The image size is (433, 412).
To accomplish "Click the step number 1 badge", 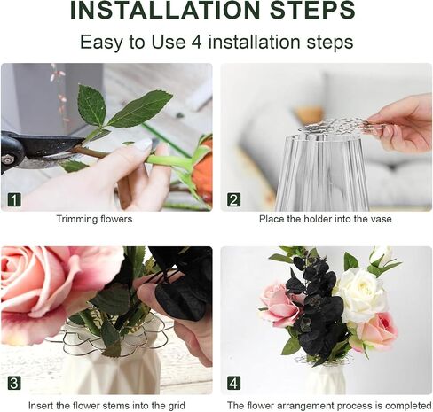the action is (14, 200).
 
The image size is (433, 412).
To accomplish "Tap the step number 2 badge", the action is (233, 200).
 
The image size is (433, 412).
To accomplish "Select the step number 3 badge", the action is (14, 384).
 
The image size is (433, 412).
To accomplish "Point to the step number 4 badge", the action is (233, 384).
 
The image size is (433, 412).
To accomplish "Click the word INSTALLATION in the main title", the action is (165, 11).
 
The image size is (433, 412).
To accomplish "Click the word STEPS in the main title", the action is (312, 11).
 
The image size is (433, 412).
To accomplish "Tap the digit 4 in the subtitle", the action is (197, 42).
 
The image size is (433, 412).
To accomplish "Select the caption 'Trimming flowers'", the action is (94, 219).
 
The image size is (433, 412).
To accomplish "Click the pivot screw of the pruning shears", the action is (6, 159).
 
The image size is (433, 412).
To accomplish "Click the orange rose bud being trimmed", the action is (202, 170).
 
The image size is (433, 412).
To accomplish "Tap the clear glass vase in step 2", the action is (322, 173).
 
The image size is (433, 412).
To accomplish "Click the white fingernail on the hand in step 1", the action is (144, 144).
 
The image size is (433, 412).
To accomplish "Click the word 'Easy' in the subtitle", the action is (101, 43).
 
